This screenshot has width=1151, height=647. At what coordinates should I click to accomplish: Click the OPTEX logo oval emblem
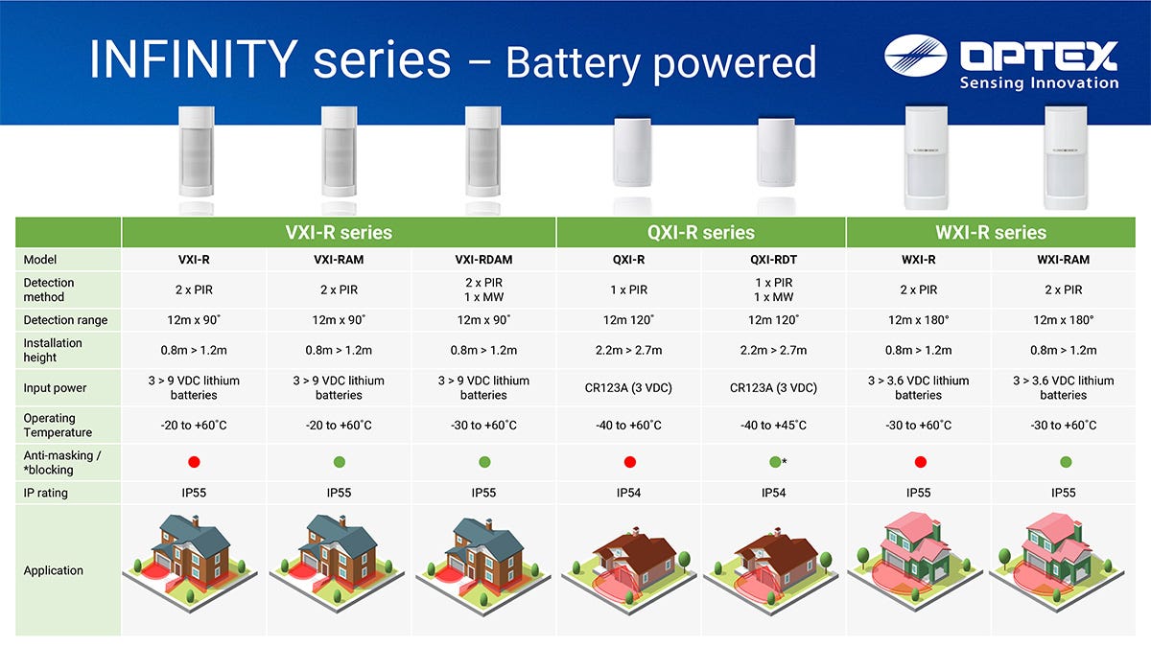click(x=915, y=56)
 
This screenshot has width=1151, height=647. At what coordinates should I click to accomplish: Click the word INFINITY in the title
click(x=194, y=59)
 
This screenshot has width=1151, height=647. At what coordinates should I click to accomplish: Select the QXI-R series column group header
click(x=701, y=233)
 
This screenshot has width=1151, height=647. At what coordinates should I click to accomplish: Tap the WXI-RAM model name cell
click(x=1063, y=260)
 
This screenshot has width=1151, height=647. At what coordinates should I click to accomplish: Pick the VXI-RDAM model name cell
click(x=483, y=260)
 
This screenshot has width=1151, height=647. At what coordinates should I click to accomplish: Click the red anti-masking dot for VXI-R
click(x=194, y=462)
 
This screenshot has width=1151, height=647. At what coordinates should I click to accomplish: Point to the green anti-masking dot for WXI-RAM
click(x=1066, y=462)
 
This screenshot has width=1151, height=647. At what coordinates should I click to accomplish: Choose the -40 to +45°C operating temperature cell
click(x=773, y=426)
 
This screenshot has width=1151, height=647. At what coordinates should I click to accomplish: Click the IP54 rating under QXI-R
click(x=628, y=493)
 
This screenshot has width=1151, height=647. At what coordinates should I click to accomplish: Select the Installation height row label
click(x=53, y=350)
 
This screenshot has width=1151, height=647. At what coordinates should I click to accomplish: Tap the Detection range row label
click(x=65, y=320)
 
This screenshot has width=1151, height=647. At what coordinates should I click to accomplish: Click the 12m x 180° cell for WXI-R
click(x=918, y=320)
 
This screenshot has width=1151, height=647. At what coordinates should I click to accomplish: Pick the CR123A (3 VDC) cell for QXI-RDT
click(x=773, y=387)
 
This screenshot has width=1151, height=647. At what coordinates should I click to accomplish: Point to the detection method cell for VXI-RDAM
click(x=483, y=289)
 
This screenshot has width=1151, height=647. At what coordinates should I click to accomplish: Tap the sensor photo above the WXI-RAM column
click(x=1066, y=157)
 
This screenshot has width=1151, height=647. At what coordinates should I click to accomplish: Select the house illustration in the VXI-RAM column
click(x=337, y=563)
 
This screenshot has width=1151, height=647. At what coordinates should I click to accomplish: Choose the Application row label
click(x=53, y=570)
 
